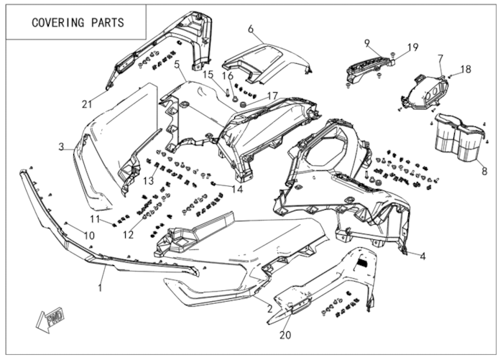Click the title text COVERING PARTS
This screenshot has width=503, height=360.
tap(78, 22)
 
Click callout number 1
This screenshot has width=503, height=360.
tap(101, 287)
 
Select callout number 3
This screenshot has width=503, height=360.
tap(62, 147)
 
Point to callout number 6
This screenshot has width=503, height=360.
tap(251, 29)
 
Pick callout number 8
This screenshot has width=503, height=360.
tap(484, 172)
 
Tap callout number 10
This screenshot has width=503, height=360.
tap(90, 236)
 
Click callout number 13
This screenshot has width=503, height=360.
tap(148, 180)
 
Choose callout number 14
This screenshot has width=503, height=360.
tap(238, 190)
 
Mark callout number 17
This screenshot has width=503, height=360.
tap(272, 96)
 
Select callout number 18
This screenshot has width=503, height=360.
tap(466, 69)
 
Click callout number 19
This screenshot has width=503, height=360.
tap(412, 47)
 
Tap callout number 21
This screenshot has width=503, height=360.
tap(87, 105)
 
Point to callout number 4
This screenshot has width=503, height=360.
tap(423, 256)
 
